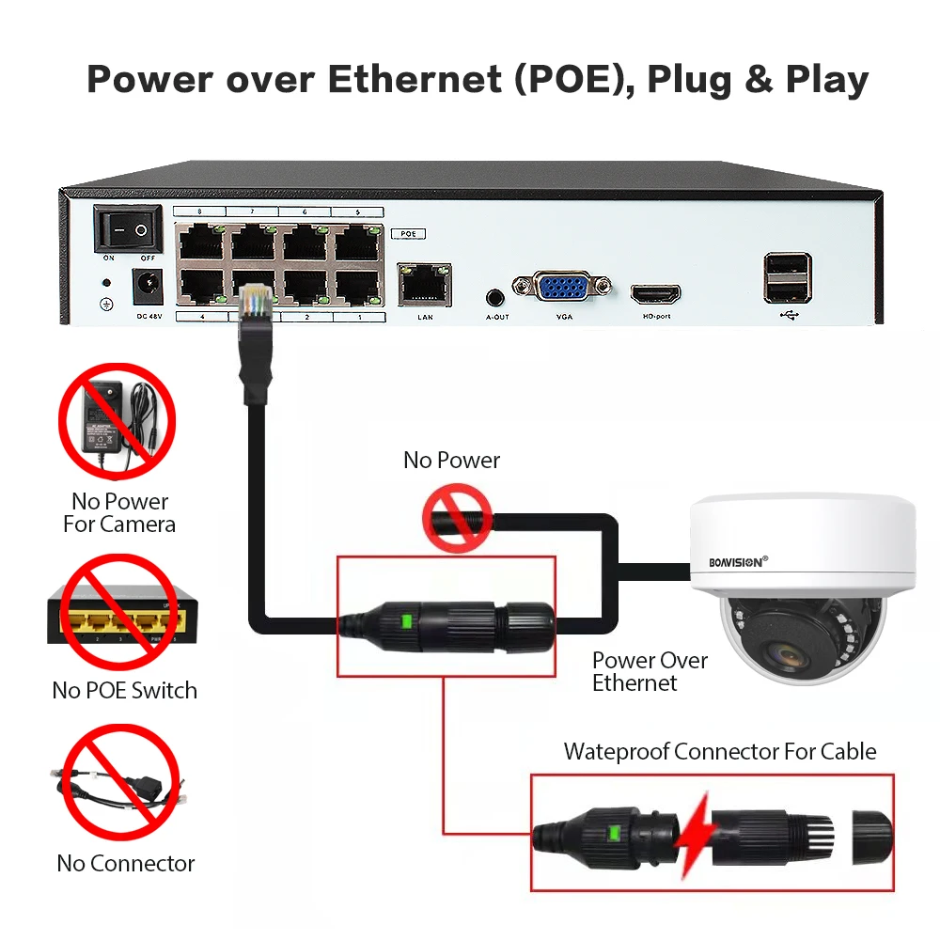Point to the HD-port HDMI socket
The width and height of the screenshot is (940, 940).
pos(655,294)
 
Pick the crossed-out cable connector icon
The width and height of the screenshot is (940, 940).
pos(119,784)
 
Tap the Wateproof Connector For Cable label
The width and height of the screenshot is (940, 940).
pos(719,752)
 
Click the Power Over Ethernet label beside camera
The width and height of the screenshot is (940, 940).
pos(649,671)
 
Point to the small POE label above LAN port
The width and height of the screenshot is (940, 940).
pos(408,233)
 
